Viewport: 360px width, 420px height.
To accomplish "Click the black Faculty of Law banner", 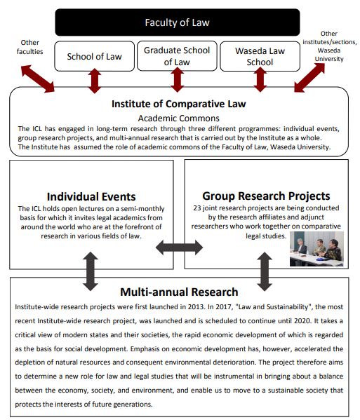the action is coord(177,22).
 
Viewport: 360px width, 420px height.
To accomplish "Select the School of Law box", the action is coord(94,56).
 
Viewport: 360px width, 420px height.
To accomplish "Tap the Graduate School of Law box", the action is coord(177,56).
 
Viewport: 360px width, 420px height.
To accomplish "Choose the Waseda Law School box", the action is coord(260,56).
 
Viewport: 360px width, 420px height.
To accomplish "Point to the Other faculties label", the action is coord(29,47).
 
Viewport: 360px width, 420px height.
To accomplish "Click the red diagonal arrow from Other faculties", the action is coord(38,79).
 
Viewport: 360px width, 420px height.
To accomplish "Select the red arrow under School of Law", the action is coord(95,81).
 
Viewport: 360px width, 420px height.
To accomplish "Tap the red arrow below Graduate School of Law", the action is coord(177,79).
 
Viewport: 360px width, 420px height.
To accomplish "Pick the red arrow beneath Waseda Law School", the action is coord(260,79).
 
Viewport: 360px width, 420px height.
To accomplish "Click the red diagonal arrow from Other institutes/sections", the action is coord(309,78).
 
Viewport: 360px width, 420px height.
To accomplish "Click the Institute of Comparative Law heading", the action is coord(178,104).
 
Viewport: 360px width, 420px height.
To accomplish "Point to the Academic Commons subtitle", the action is coord(178,118).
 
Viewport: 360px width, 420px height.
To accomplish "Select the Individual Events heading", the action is coord(91,196).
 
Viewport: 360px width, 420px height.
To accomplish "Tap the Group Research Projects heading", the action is coord(266,196).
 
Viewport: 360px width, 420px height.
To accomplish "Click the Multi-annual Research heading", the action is coord(179,292).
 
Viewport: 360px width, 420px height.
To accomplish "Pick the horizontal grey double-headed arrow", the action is coord(179,248).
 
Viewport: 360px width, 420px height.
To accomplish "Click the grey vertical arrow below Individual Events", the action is coord(91,271).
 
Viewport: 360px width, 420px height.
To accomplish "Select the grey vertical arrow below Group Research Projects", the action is coord(265,271).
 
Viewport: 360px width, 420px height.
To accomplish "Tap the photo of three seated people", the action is coord(316,249).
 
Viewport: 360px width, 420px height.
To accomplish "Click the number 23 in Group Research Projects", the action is coord(197,208).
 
